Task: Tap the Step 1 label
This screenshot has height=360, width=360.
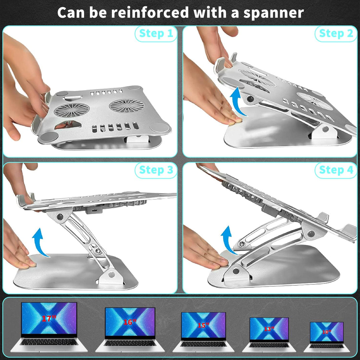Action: click(156, 34)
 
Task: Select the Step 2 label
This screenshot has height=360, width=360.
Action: click(336, 34)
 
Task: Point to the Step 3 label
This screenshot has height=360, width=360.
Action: click(156, 170)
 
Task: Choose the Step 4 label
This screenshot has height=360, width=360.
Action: click(336, 170)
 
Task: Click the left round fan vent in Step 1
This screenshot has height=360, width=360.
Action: click(72, 110)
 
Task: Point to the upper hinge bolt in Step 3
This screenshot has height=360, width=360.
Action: click(60, 217)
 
